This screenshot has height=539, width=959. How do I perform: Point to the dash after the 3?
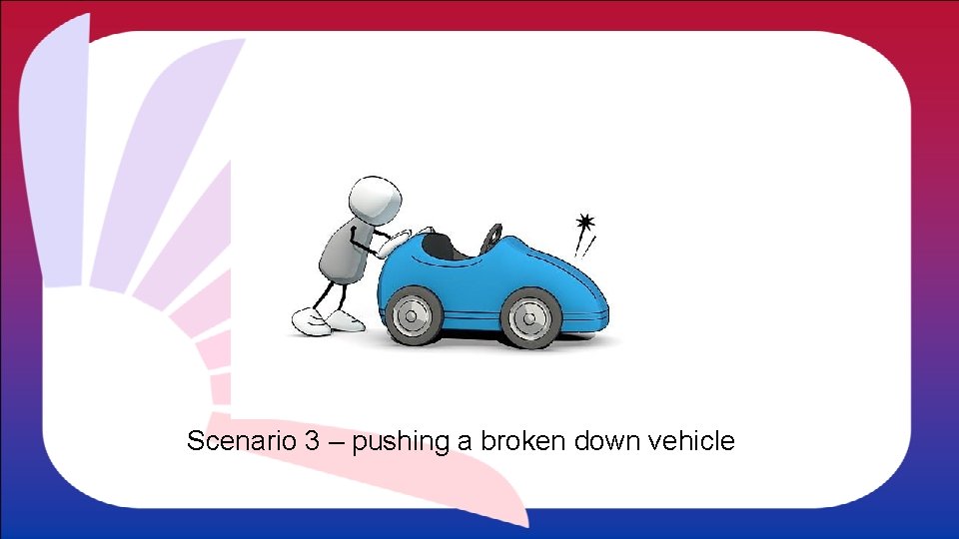335,441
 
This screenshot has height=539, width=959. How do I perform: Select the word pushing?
400,441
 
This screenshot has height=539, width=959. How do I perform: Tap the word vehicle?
692,440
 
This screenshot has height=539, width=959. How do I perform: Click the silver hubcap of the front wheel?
526,316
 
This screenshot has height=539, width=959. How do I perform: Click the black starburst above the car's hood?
585,222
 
